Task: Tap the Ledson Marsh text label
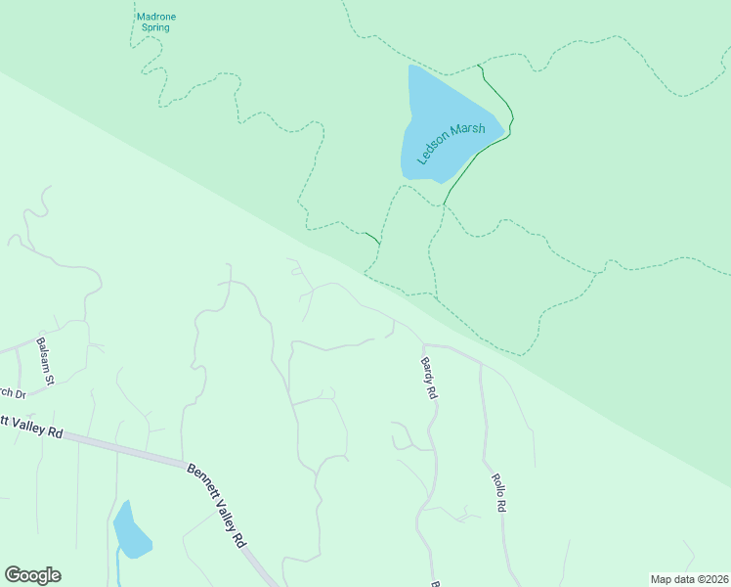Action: (451, 144)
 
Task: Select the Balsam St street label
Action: (46, 359)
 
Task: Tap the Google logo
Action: (32, 575)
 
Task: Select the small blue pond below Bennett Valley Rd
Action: (131, 530)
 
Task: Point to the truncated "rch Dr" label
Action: (12, 393)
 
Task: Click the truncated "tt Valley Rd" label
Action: (31, 427)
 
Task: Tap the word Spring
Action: (155, 28)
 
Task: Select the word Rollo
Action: (496, 486)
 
